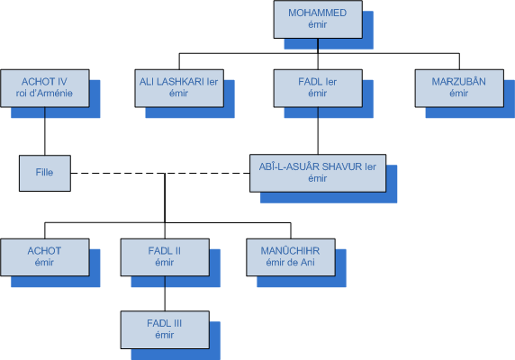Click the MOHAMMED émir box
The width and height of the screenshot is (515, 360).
point(318,20)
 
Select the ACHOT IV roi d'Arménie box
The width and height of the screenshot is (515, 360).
point(45,88)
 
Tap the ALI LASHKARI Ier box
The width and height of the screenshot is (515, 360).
point(179,88)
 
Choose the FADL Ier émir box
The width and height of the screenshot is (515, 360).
point(318,88)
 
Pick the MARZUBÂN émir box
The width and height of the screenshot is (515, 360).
point(459,88)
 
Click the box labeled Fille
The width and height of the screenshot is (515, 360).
point(45,173)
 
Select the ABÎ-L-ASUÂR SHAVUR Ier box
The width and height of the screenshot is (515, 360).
point(318,173)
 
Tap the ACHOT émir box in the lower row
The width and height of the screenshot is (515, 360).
point(45,257)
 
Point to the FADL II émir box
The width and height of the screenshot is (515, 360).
point(165,257)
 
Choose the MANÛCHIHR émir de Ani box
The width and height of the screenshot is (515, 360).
point(291,257)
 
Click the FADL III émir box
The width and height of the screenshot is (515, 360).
point(165,329)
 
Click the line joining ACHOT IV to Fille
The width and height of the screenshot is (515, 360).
point(45,131)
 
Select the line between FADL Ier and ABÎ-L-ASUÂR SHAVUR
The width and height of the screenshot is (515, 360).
point(318,130)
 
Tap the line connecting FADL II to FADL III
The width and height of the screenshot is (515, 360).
point(165,293)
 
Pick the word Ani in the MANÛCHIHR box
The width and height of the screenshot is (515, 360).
point(309,262)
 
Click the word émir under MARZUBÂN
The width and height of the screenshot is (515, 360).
point(459,94)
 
